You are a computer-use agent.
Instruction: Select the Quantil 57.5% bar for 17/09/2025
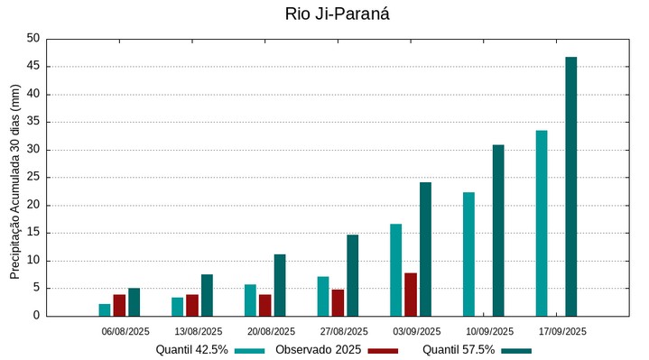click(x=570, y=187)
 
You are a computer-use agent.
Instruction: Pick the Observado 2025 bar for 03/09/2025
click(x=411, y=294)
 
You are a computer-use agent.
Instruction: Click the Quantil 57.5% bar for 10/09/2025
click(x=498, y=230)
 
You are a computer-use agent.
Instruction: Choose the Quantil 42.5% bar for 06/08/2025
click(x=105, y=309)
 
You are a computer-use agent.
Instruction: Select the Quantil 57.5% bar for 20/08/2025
click(x=280, y=285)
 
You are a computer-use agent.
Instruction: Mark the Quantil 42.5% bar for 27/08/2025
click(x=323, y=296)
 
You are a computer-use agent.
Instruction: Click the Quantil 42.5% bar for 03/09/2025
click(x=395, y=270)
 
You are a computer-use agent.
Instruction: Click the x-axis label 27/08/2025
click(x=345, y=332)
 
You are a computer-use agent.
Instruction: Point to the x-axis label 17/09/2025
click(x=562, y=332)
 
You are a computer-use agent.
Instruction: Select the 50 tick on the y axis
click(x=33, y=39)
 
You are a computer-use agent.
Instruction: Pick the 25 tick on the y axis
click(x=33, y=178)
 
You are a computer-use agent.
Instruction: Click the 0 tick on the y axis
click(x=37, y=316)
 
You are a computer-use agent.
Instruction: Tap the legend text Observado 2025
click(x=319, y=350)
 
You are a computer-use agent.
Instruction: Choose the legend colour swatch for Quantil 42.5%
click(x=250, y=350)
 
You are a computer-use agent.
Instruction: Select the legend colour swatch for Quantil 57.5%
click(x=516, y=350)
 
